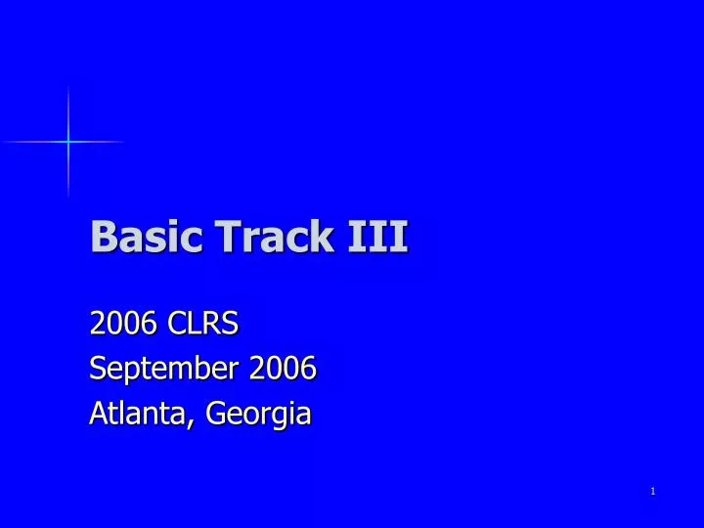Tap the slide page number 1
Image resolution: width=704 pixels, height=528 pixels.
click(652, 491)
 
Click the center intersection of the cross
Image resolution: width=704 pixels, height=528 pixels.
click(68, 143)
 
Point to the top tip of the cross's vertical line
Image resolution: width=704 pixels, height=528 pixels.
click(68, 87)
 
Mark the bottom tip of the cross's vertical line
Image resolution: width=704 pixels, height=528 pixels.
click(68, 197)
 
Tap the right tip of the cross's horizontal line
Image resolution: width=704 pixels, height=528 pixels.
click(125, 143)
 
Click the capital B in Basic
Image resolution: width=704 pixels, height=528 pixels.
click(101, 237)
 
